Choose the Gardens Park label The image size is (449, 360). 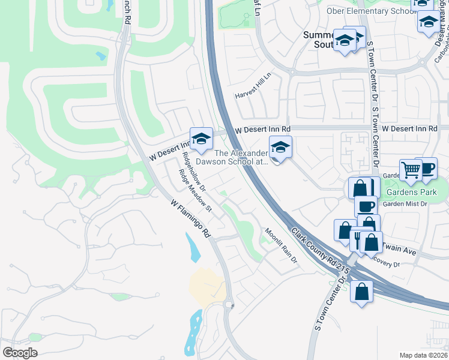[412, 193]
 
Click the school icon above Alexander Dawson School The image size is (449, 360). [280, 146]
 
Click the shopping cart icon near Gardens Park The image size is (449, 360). [411, 169]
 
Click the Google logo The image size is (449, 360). [20, 353]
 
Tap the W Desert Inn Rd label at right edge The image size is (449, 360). [409, 128]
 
